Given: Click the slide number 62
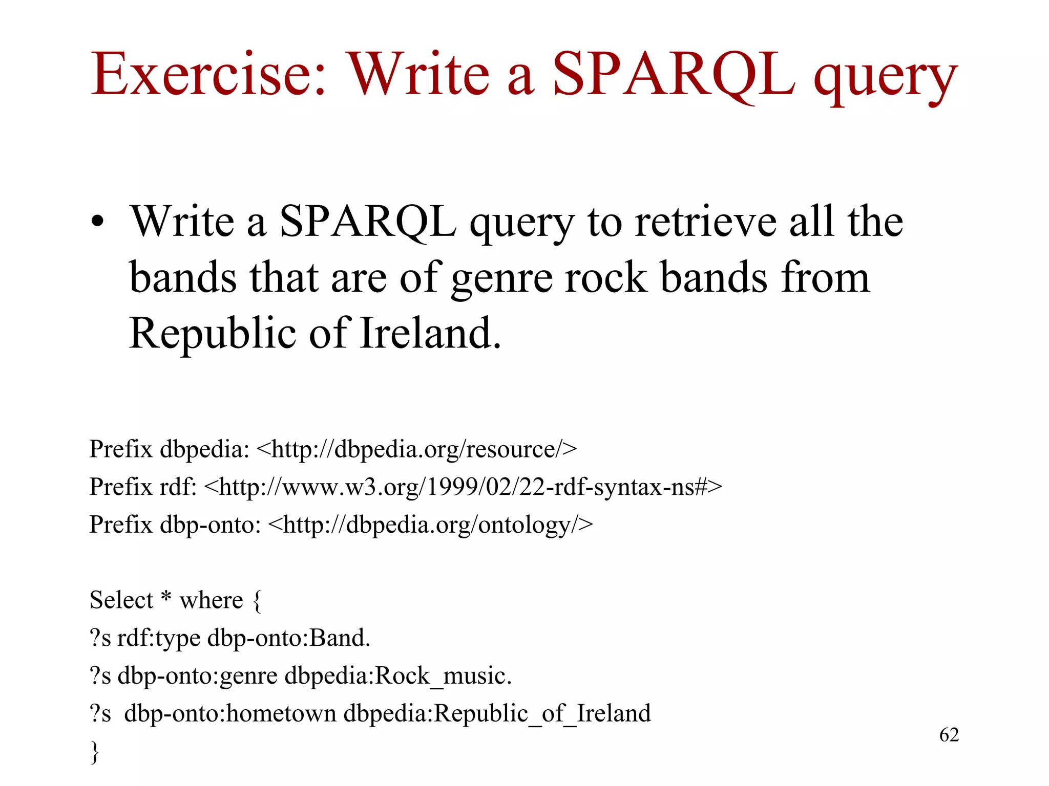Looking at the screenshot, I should tap(949, 735).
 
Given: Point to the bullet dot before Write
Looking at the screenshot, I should tap(97, 223).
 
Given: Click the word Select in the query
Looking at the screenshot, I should tap(121, 600).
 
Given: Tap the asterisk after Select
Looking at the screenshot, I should tap(166, 597).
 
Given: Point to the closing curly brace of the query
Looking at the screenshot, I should tap(95, 752).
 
